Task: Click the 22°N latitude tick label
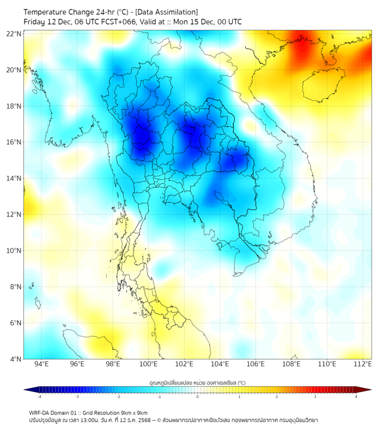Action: [14, 34]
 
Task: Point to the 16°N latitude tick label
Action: [14, 142]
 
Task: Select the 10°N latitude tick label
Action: [14, 251]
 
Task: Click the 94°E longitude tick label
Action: [41, 364]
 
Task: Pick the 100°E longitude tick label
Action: [148, 364]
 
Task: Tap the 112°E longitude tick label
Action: [363, 364]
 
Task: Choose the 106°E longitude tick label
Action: [256, 364]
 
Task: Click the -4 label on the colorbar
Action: [39, 396]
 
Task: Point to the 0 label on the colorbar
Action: [198, 396]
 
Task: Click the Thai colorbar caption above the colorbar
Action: [197, 383]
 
